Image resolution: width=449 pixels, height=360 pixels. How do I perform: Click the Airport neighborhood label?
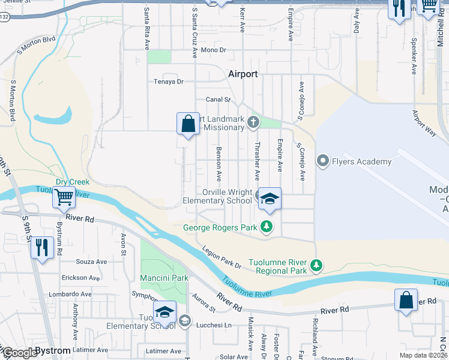pyautogui.click(x=243, y=74)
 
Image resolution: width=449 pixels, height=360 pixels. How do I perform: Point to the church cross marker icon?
pyautogui.click(x=253, y=124)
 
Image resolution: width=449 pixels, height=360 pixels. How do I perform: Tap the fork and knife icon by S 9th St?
pyautogui.click(x=41, y=247)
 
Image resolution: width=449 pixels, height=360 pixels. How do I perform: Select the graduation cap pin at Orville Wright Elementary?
pyautogui.click(x=270, y=199)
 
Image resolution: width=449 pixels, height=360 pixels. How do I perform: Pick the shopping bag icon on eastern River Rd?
pyautogui.click(x=406, y=299)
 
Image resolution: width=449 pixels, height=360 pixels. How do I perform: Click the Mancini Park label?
pyautogui.click(x=164, y=278)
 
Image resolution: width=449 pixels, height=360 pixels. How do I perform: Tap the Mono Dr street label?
pyautogui.click(x=213, y=50)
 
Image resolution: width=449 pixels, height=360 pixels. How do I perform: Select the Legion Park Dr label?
pyautogui.click(x=221, y=257)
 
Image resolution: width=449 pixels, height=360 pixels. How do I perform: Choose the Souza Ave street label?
pyautogui.click(x=91, y=262)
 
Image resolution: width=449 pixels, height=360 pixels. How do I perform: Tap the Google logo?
pyautogui.click(x=20, y=352)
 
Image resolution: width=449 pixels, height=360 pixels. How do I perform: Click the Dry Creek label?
pyautogui.click(x=73, y=182)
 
